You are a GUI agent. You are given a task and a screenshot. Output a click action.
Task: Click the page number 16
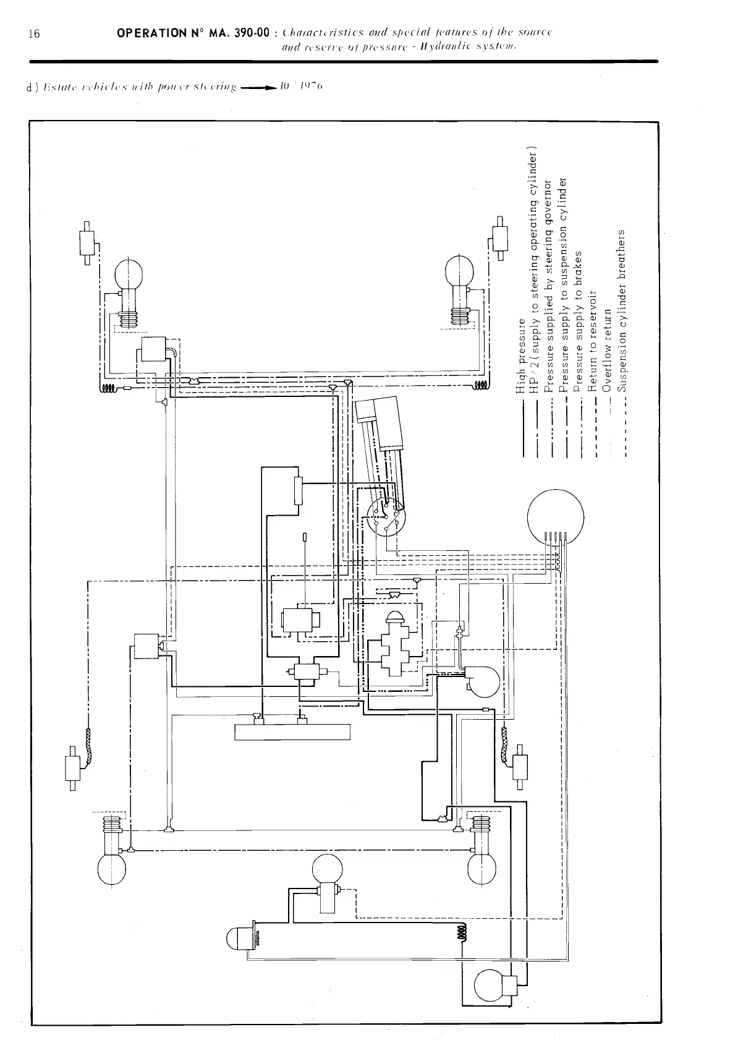coord(34,34)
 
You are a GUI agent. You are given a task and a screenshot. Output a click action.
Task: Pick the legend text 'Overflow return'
coord(608,349)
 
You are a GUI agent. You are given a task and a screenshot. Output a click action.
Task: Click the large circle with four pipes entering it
coord(556,517)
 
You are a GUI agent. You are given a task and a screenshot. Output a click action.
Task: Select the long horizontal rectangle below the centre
coord(292,731)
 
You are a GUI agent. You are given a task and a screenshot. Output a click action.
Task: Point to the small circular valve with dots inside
coord(384,518)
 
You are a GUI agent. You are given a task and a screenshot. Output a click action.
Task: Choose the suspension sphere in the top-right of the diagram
coord(460,271)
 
